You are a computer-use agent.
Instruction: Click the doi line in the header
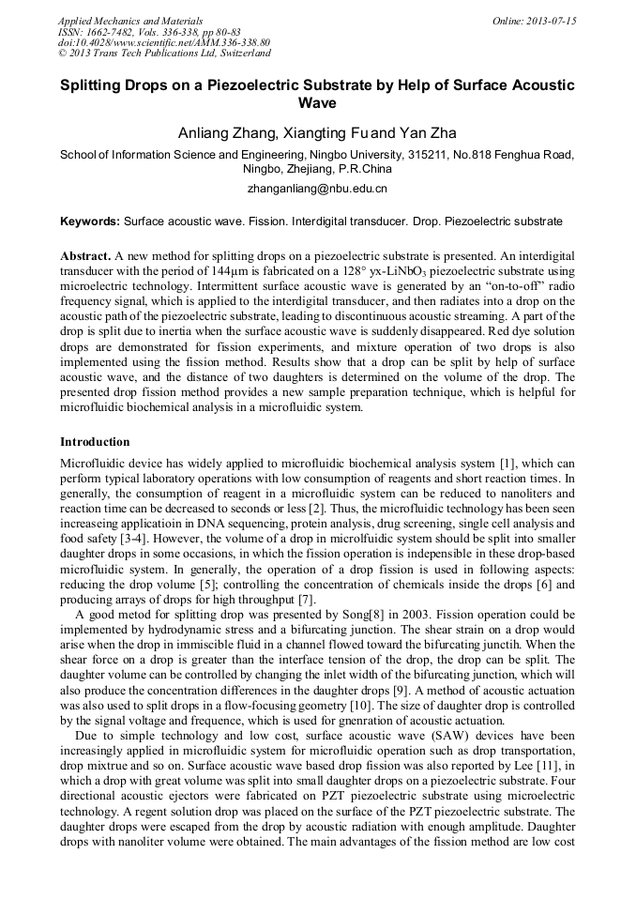point(164,43)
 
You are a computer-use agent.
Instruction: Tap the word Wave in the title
point(317,103)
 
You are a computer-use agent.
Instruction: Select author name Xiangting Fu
point(323,132)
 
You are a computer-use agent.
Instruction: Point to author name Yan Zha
point(428,132)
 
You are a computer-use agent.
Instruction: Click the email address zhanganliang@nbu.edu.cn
point(317,189)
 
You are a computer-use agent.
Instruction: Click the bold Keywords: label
point(90,222)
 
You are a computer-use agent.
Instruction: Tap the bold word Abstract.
point(85,256)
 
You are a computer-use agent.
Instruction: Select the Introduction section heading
point(95,442)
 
